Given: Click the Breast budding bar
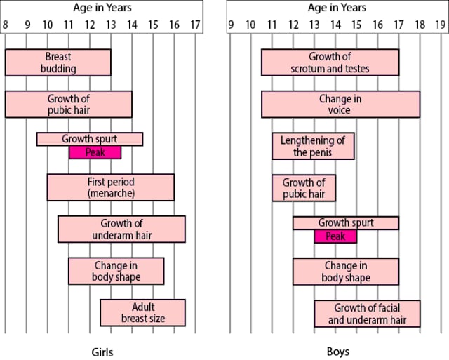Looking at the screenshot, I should (58, 62).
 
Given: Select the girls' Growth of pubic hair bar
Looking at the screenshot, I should (68, 104).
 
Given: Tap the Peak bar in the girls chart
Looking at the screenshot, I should (95, 152).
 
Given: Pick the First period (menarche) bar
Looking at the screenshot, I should (110, 187).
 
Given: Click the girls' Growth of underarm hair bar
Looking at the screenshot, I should (121, 229).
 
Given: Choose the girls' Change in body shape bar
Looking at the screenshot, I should (116, 271).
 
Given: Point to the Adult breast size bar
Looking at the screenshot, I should (142, 312).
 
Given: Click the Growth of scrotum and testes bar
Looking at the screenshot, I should (330, 62).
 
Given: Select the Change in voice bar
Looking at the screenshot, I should (340, 104).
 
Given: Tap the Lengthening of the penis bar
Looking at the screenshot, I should (313, 146).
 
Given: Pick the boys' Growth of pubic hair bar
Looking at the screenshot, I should (304, 187).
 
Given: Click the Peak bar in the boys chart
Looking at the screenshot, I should (335, 236).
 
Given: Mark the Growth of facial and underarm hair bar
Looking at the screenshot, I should (367, 314).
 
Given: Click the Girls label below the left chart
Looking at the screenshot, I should (102, 352).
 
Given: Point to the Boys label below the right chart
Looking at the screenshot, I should (338, 352).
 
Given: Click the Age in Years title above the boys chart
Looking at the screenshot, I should (337, 8).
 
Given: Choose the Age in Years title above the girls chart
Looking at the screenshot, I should (102, 8).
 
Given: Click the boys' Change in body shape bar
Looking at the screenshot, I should (346, 272).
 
